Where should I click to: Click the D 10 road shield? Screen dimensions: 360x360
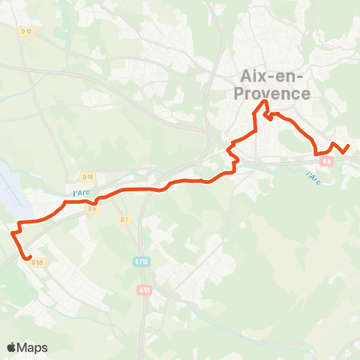[27, 31]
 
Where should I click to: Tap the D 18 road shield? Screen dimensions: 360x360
[88, 177]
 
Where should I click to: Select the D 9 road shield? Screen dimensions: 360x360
[92, 208]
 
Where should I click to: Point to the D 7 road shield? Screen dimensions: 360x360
[124, 219]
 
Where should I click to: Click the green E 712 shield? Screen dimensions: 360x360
[140, 262]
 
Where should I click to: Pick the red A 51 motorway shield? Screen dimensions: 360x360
[145, 289]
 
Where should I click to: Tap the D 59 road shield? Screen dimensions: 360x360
[40, 262]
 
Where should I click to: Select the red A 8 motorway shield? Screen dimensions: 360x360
[325, 160]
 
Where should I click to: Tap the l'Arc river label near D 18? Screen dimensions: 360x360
[81, 193]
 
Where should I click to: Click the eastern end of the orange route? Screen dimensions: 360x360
[349, 145]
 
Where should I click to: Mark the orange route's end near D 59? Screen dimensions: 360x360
[28, 259]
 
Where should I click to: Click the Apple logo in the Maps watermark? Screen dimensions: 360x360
[12, 347]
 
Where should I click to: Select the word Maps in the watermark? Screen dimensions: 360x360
[33, 347]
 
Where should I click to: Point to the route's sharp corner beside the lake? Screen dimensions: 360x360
[19, 223]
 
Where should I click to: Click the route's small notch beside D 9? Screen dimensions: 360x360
[95, 201]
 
